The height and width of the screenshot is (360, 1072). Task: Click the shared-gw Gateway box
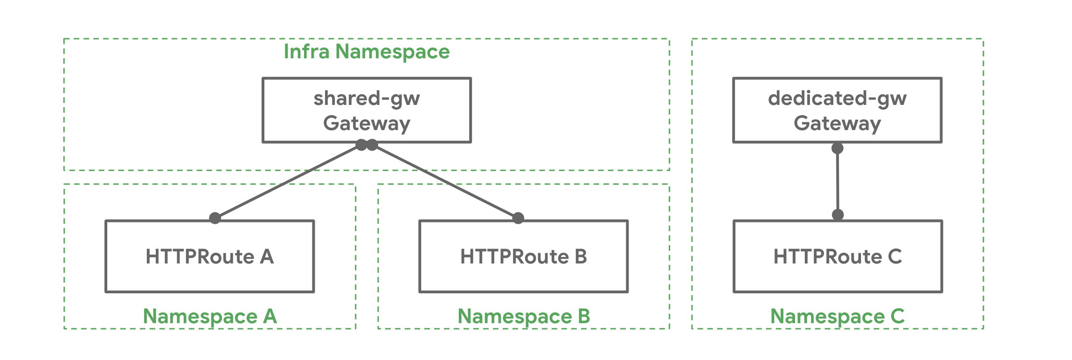367,110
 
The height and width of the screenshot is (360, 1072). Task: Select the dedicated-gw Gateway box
837,110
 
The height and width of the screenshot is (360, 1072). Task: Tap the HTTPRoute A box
210,256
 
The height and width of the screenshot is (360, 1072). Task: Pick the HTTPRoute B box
523,256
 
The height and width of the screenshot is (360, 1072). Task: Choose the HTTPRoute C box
837,256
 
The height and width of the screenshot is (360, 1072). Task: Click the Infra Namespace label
367,51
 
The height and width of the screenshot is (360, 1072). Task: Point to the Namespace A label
210,316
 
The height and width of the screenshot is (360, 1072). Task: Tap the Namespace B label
524,316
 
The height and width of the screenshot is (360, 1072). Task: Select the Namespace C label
837,316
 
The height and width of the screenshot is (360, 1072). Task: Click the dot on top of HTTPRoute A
215,218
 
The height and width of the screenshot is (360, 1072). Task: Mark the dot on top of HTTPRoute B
518,218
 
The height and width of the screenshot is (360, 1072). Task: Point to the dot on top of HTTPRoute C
838,215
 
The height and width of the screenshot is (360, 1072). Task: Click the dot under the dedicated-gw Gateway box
837,148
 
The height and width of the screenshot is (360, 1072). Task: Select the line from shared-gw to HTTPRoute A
288,182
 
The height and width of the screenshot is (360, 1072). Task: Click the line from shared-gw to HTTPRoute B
445,182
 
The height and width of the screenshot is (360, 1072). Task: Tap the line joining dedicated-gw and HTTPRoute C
838,182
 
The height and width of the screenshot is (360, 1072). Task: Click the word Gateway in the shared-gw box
367,123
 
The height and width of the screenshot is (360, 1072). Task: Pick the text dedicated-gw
837,98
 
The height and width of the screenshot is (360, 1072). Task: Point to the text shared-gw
367,98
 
